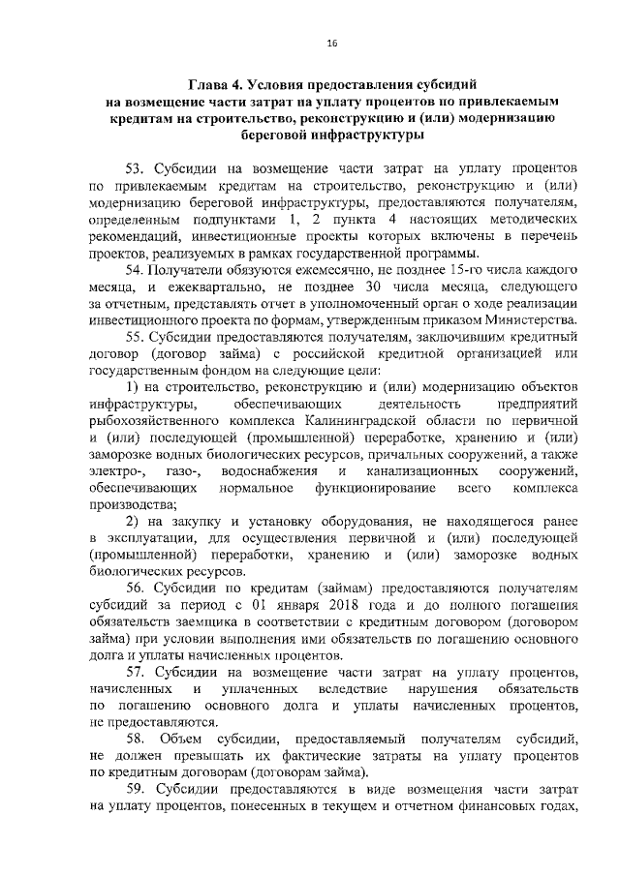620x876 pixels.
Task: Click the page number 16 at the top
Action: pyautogui.click(x=331, y=44)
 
